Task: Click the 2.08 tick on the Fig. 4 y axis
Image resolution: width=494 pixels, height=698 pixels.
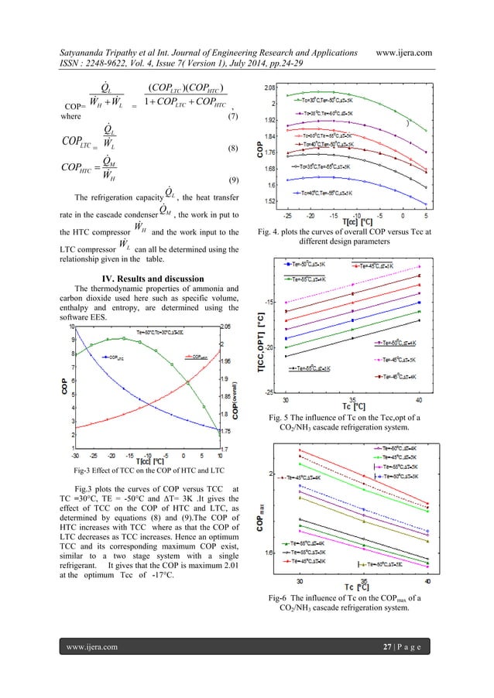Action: tap(273, 87)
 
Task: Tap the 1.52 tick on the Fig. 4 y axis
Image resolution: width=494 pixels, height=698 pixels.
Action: tap(273, 202)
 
